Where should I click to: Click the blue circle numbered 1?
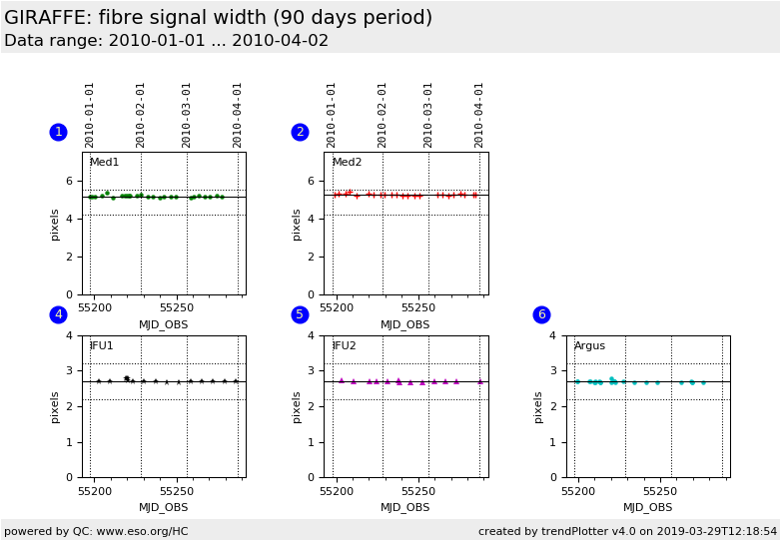[58, 132]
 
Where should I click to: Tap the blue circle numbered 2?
[300, 132]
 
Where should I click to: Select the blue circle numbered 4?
[58, 314]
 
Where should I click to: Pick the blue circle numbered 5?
[300, 314]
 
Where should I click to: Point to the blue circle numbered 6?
[541, 314]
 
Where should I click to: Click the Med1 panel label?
[104, 163]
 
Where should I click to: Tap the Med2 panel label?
[347, 163]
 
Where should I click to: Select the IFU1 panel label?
[102, 346]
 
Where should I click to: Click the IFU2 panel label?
[344, 346]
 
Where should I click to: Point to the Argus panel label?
[589, 346]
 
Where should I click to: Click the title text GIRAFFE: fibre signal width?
[218, 18]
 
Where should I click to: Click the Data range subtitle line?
[166, 41]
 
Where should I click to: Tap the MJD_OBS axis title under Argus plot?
[647, 508]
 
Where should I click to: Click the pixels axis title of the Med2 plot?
[298, 224]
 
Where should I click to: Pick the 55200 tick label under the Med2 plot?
[337, 308]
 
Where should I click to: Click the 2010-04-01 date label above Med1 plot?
[238, 114]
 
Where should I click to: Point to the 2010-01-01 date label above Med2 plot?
[332, 114]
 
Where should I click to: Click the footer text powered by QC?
[96, 531]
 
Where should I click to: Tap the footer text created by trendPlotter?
[627, 531]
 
